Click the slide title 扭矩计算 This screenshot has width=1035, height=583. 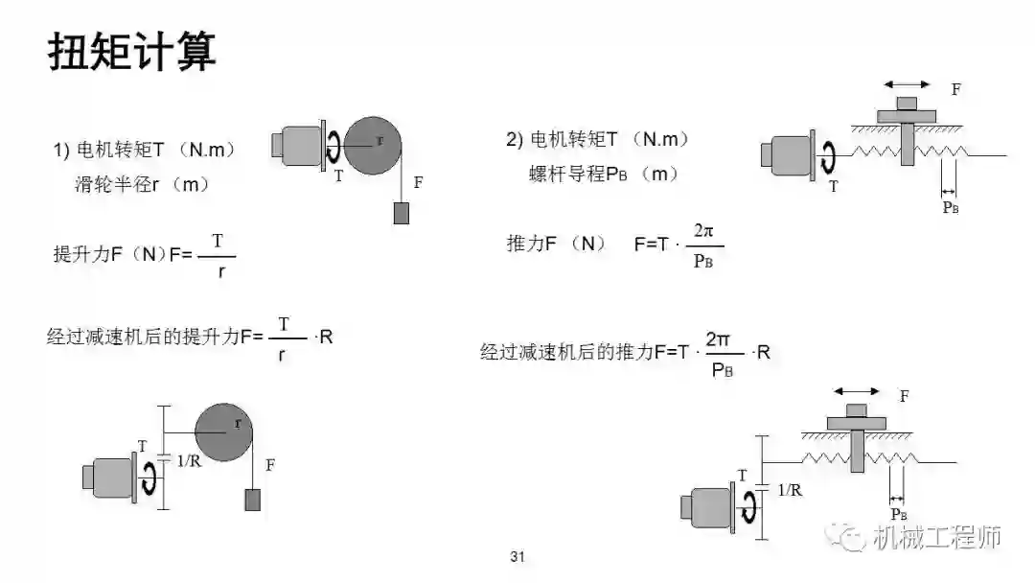(132, 53)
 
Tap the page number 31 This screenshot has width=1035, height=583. (518, 556)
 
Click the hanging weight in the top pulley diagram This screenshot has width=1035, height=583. (401, 213)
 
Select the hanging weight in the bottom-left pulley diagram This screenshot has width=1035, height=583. (252, 500)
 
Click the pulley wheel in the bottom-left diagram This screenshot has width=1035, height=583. (226, 432)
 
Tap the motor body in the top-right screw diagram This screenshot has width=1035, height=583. (787, 157)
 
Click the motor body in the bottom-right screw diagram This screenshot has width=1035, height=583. (706, 506)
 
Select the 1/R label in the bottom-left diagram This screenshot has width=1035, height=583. (189, 460)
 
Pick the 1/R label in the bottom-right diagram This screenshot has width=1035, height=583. (790, 490)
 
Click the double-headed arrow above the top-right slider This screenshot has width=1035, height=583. (906, 85)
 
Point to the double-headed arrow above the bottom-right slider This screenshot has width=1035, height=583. (856, 391)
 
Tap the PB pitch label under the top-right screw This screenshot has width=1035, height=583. (950, 207)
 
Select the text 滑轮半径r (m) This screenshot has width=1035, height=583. (142, 183)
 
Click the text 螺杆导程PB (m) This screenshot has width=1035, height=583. (604, 175)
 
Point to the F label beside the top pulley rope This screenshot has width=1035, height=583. (418, 181)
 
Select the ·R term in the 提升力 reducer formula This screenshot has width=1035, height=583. (323, 338)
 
